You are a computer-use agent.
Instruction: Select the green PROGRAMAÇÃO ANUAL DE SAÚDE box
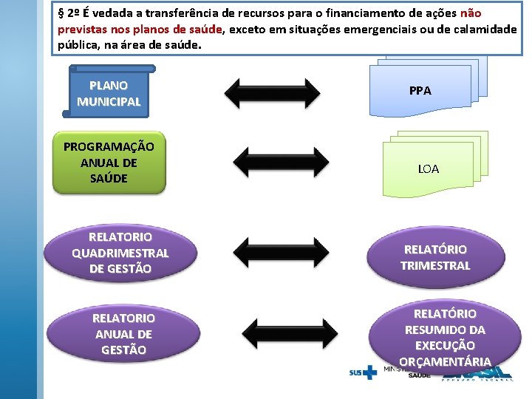coord(109,163)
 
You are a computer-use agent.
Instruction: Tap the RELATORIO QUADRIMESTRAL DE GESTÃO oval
coord(120,253)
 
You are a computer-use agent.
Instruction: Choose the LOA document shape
coord(429,168)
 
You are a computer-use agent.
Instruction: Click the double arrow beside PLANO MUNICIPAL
coord(272,93)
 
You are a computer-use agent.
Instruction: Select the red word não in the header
coord(471,13)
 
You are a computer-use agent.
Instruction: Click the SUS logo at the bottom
coord(363,372)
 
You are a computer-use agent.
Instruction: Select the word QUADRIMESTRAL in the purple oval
coord(120,253)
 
